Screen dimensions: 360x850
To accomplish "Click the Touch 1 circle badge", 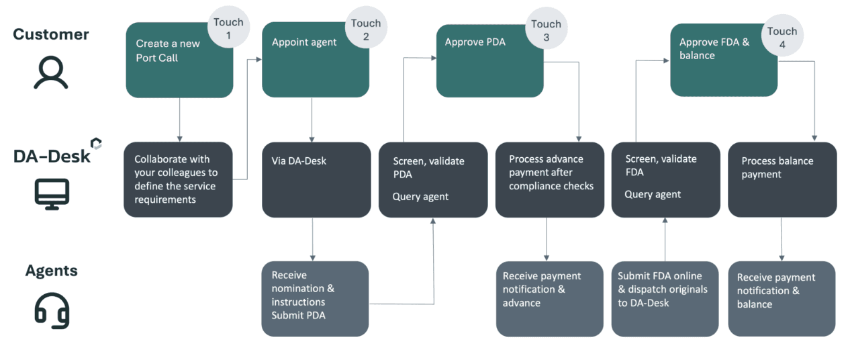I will click(228, 29).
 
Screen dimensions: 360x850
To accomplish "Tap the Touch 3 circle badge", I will click(546, 31).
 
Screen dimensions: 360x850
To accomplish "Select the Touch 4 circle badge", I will click(782, 38).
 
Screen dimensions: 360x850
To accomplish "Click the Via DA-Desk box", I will click(316, 179).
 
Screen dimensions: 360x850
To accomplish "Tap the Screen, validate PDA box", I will click(433, 179).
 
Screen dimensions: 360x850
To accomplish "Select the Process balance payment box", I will click(782, 179).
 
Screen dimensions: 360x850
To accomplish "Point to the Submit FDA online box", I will click(665, 298).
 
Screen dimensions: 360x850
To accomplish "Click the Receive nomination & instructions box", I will click(315, 298).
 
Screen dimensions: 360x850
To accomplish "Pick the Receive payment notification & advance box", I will click(550, 298).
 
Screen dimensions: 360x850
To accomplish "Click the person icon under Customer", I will click(51, 73).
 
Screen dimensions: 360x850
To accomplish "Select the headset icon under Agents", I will click(52, 310).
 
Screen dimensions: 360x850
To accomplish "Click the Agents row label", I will click(51, 271).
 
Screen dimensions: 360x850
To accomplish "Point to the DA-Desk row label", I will click(52, 156).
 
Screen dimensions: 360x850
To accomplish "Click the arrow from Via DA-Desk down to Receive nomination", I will click(312, 239).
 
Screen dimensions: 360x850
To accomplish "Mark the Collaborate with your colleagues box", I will click(178, 179).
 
